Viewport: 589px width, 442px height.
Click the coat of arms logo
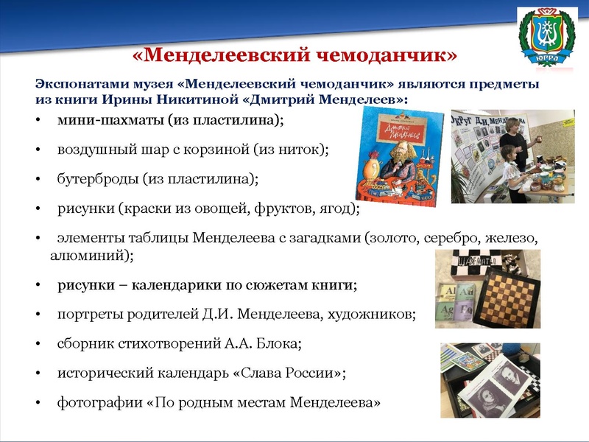547,38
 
